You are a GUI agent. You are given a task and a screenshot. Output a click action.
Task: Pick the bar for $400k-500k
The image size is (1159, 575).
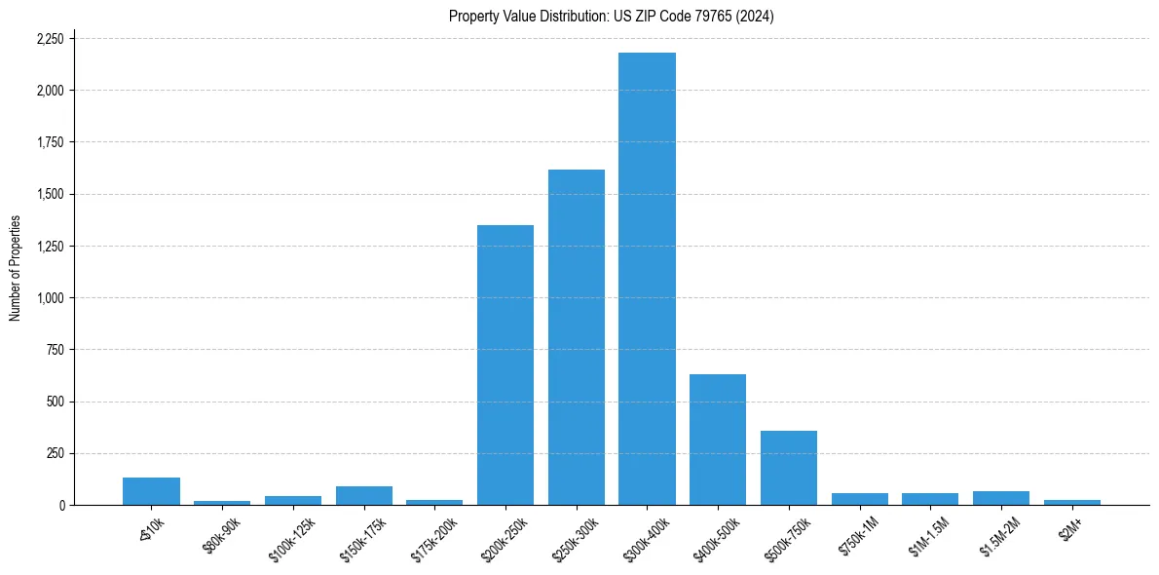(718, 440)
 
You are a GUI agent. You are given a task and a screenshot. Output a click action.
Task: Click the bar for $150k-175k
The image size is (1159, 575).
(364, 495)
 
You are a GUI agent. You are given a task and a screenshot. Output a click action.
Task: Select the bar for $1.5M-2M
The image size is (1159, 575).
(1001, 498)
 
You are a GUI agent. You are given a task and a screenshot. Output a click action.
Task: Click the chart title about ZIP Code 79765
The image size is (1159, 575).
(612, 16)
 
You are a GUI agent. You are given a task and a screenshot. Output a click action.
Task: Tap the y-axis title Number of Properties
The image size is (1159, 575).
(16, 268)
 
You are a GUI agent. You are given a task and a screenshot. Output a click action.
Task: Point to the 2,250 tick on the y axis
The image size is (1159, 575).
(50, 39)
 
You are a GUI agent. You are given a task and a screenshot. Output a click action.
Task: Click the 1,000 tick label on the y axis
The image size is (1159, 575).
(50, 298)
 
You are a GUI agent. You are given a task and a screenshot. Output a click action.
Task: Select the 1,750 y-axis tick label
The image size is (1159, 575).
(50, 142)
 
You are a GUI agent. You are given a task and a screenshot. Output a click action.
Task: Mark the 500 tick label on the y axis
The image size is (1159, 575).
(56, 402)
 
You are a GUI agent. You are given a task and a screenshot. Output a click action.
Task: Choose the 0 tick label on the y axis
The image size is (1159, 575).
(62, 505)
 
